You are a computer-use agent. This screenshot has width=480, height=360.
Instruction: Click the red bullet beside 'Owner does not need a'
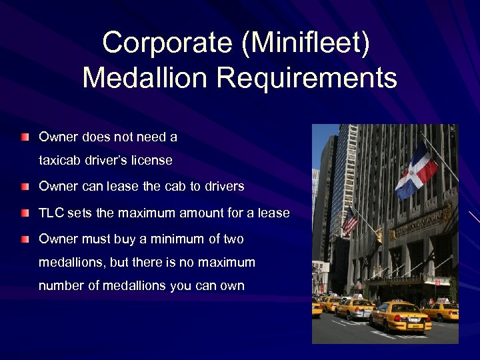click(x=25, y=137)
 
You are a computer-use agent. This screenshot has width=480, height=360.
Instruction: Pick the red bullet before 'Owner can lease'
click(x=25, y=187)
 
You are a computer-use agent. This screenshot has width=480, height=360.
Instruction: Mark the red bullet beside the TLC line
click(x=25, y=213)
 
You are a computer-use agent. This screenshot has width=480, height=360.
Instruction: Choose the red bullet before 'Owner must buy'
click(x=25, y=239)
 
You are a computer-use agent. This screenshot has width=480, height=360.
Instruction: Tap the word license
click(x=151, y=161)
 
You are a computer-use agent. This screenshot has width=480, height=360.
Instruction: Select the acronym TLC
click(x=51, y=213)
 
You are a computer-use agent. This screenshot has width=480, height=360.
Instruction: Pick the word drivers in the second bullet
click(x=224, y=187)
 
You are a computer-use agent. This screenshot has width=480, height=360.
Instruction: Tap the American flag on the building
click(x=350, y=220)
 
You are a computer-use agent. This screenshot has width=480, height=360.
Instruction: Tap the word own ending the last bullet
click(x=233, y=286)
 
